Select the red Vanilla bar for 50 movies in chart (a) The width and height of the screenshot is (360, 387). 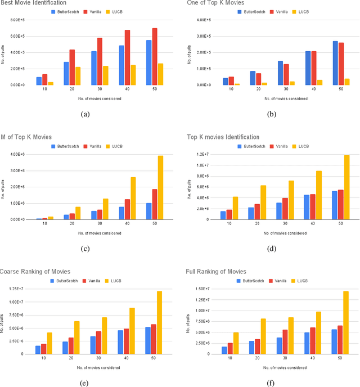click(155, 56)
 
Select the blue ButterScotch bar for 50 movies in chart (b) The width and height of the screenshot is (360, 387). click(319, 62)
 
